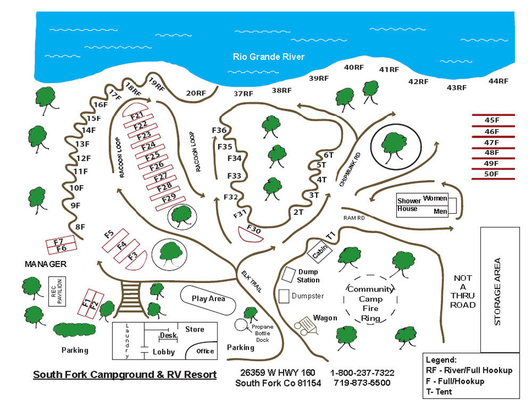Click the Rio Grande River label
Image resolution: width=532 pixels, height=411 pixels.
pos(269,56)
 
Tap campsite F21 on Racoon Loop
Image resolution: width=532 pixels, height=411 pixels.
pos(137,115)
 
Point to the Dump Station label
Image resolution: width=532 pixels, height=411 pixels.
pos(309,276)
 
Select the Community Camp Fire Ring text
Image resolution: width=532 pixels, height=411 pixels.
pos(371,304)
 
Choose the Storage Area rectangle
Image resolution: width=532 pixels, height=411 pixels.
pos(500,290)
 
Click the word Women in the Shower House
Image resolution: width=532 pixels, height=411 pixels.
pos(435,199)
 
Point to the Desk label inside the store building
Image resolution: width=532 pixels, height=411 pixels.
pos(168,336)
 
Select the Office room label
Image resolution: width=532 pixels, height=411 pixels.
pos(205,351)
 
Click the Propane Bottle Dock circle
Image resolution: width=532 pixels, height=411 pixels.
pos(241,324)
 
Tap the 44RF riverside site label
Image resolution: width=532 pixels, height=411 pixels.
pos(498,81)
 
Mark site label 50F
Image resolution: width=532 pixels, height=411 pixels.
pos(492,174)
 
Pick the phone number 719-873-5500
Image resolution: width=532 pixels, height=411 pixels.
pos(362,383)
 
